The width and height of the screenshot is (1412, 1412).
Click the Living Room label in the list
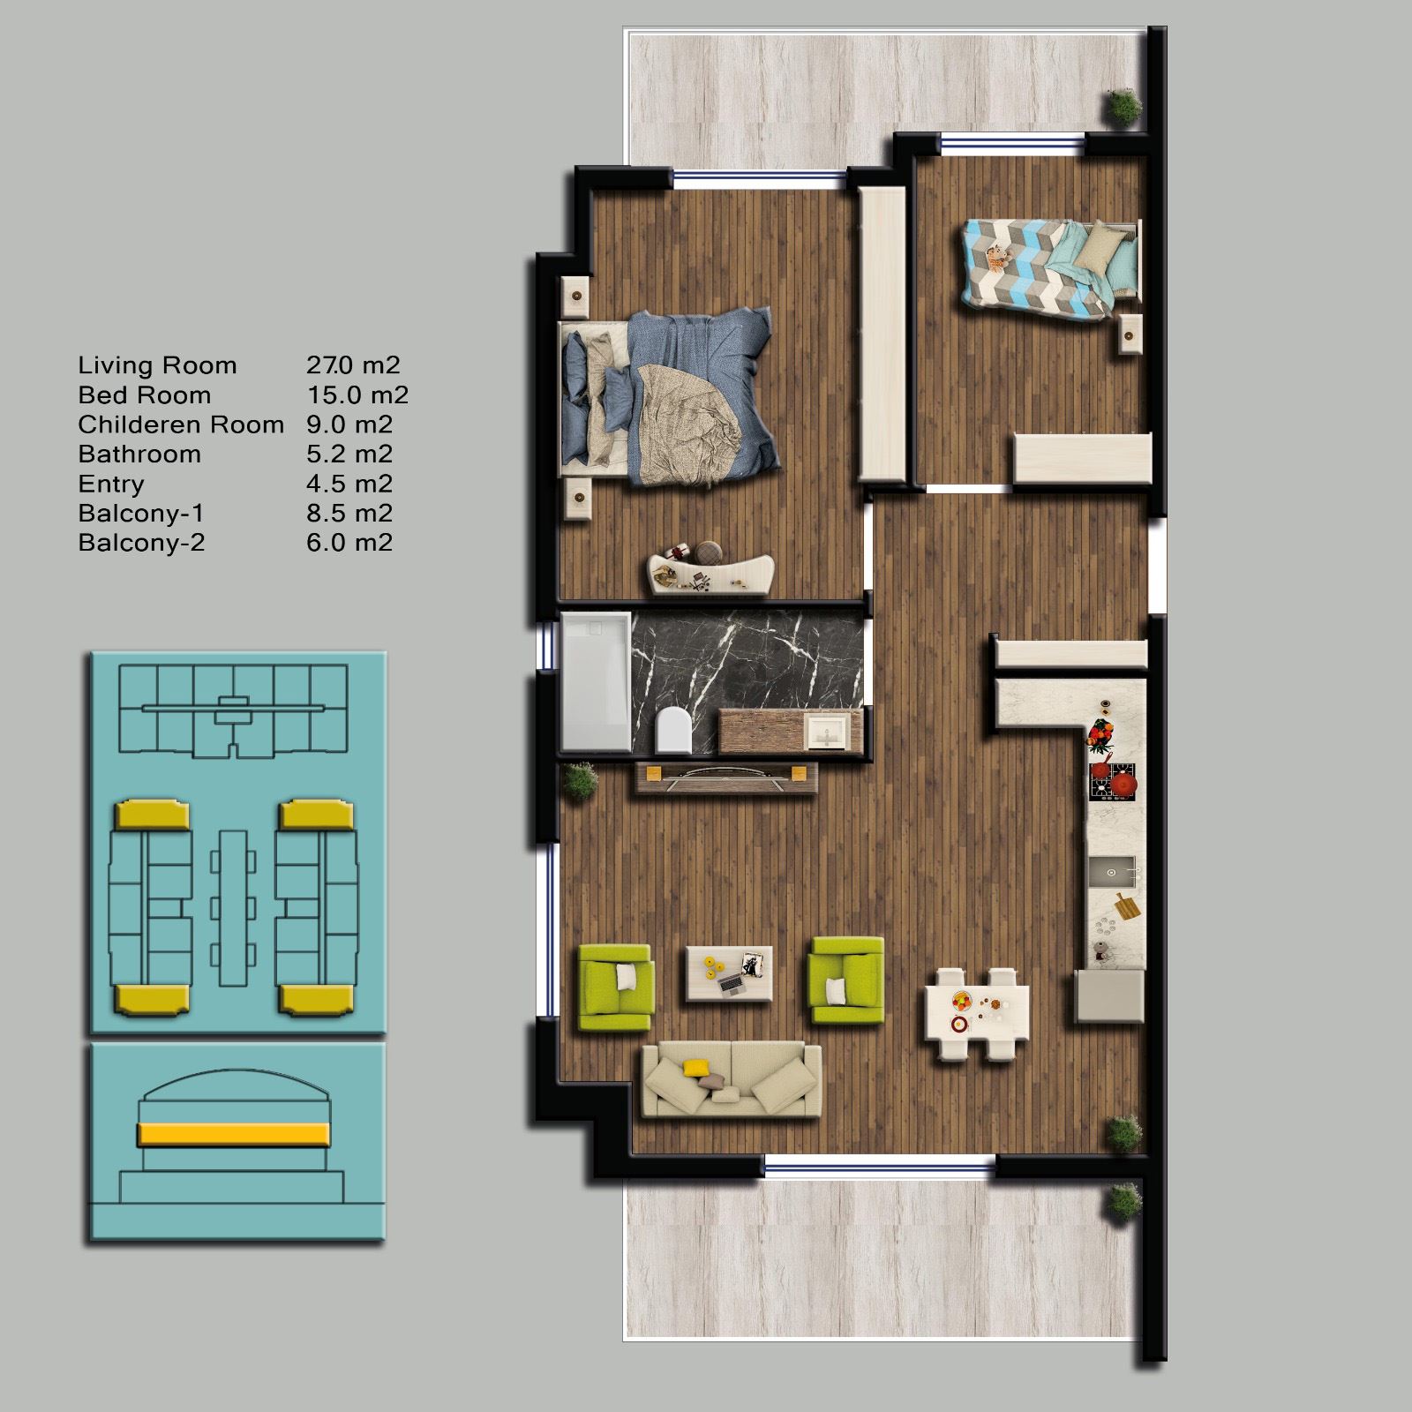pos(157,365)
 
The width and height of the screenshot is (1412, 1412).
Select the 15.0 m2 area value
pos(357,394)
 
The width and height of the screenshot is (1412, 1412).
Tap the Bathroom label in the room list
pos(139,454)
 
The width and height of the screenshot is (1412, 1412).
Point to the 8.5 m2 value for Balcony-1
pos(349,513)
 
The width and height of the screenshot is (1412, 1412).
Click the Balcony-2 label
pos(141,542)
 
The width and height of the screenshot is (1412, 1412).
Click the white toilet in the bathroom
pos(673,730)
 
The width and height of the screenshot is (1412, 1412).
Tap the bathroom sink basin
pos(827,732)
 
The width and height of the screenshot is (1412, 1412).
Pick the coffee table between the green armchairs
pos(730,973)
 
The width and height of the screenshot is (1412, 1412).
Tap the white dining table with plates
pos(977,1013)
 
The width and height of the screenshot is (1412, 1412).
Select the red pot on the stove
pos(1124,783)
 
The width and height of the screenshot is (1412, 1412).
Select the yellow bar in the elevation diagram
pos(234,1134)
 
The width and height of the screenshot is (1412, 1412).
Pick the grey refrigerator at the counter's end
pos(1110,995)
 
